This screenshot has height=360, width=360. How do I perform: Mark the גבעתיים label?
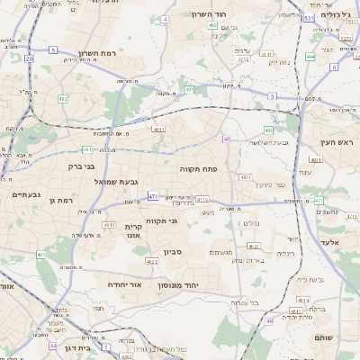pos(18,194)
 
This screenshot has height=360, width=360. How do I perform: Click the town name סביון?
pos(173,252)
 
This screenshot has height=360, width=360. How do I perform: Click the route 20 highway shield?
pos(30,58)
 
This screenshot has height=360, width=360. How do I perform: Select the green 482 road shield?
pos(63,98)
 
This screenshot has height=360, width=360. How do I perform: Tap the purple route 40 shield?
pos(227,139)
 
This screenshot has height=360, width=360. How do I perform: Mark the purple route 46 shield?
pos(269,320)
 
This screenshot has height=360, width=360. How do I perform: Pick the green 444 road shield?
pos(310,57)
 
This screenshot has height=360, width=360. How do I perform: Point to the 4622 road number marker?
pos(152,262)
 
